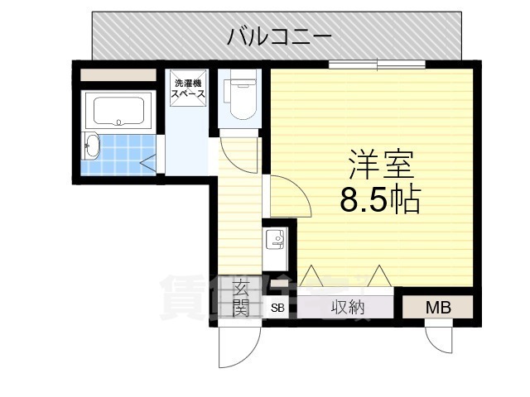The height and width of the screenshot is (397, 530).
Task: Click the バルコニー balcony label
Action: [280, 36]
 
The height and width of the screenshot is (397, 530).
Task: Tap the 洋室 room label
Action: [380, 164]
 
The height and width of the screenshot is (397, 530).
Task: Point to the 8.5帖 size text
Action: [380, 200]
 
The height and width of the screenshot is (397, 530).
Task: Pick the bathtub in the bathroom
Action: [118, 111]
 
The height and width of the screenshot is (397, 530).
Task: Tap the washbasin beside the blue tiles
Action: [91, 148]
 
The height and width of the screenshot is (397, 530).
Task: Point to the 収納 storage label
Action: [349, 308]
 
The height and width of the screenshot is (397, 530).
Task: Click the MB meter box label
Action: [438, 308]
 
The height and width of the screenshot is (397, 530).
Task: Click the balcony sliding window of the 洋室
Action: [378, 65]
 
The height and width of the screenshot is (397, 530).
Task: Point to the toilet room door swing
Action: [240, 155]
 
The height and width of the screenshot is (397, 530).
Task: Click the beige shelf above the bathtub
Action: [118, 75]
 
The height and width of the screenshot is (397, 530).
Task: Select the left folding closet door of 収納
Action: [314, 277]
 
